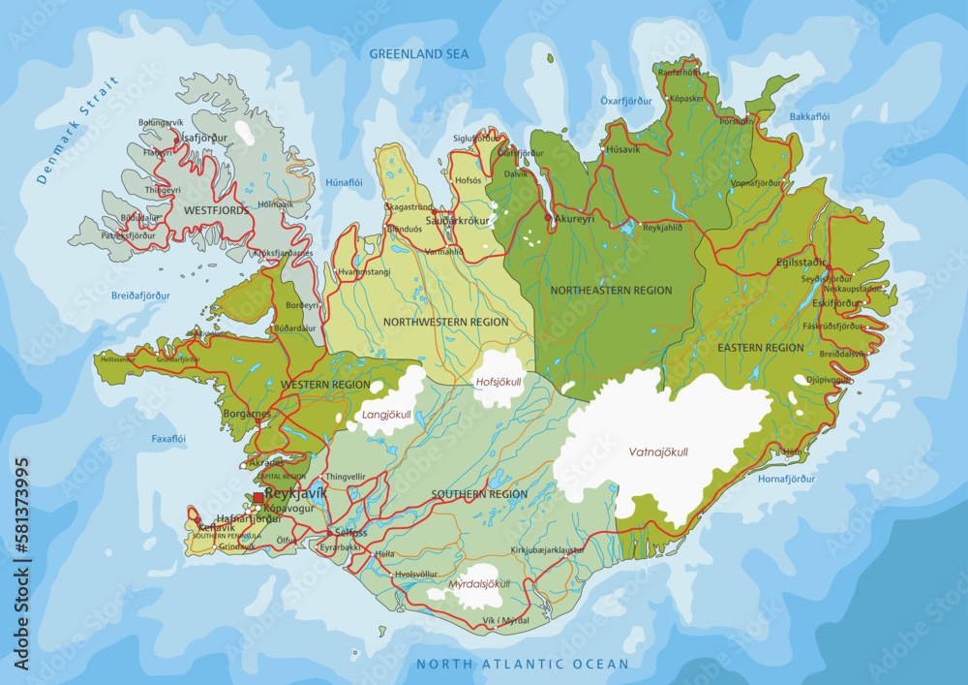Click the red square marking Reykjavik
tap(257, 497)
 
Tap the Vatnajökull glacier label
tap(658, 451)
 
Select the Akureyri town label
tap(575, 219)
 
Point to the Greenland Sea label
tap(418, 54)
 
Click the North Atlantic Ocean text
tap(522, 665)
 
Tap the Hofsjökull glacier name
tap(499, 382)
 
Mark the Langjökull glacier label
tap(385, 415)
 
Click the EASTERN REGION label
tap(760, 347)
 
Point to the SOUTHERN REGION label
tap(479, 494)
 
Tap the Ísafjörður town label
tap(204, 138)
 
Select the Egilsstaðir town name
tap(802, 263)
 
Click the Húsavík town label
tap(622, 149)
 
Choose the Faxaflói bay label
tap(168, 439)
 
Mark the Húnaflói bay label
tap(344, 181)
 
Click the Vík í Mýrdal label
tap(506, 620)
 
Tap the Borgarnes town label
tap(248, 414)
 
